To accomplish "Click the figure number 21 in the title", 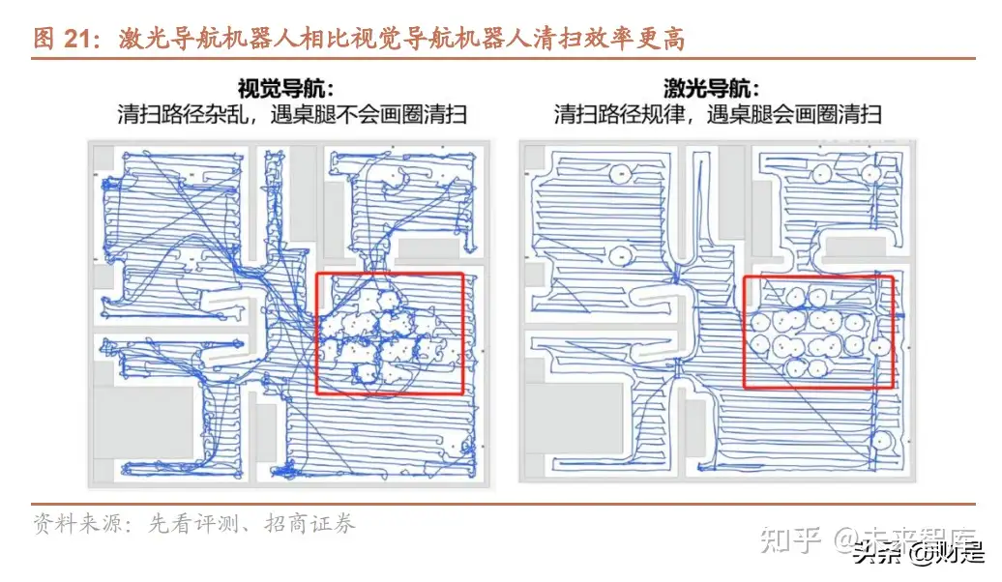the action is pyautogui.click(x=76, y=39).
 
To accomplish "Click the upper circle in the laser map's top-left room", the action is pyautogui.click(x=620, y=174).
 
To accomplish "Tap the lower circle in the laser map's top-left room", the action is pyautogui.click(x=620, y=254).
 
